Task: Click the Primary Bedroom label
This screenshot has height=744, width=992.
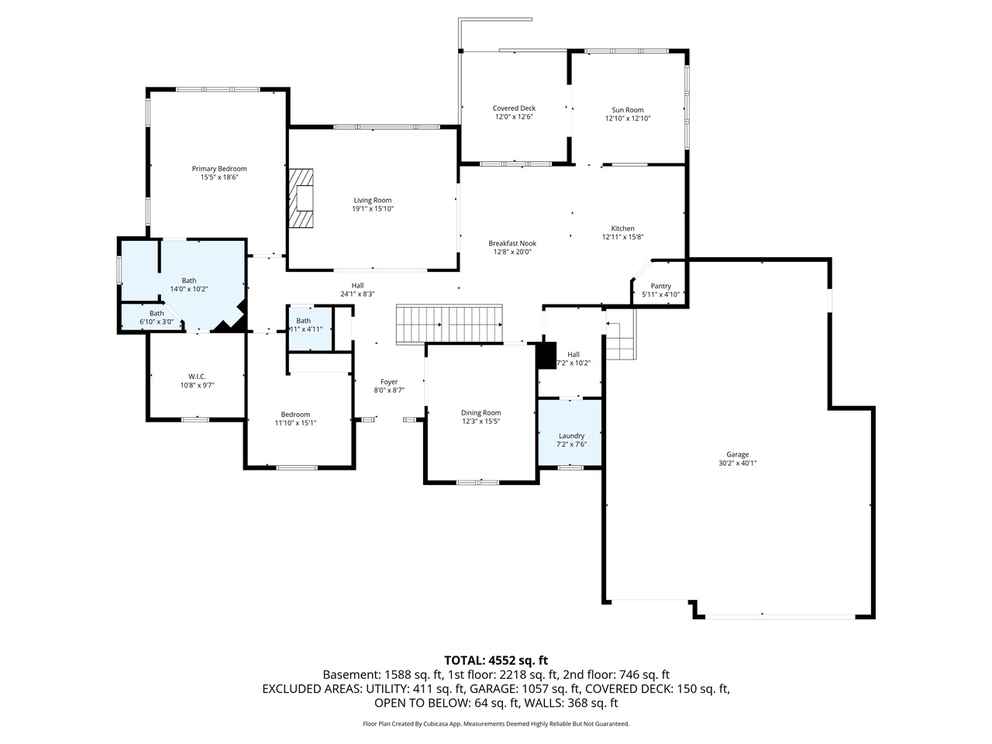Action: click(x=219, y=169)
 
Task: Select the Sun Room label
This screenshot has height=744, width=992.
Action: click(x=628, y=110)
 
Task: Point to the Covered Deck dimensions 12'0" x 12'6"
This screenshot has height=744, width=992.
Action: click(x=514, y=117)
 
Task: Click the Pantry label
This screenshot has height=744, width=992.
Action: click(x=660, y=286)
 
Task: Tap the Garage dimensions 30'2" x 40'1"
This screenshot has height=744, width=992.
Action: click(x=737, y=463)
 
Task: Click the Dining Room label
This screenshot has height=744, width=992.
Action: click(x=480, y=413)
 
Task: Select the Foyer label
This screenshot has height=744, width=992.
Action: click(x=389, y=381)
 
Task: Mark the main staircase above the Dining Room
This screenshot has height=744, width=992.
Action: click(x=449, y=322)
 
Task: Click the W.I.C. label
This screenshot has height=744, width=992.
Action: click(x=197, y=376)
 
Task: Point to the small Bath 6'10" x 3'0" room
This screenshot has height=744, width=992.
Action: click(x=151, y=317)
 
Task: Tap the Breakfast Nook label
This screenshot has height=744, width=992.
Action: click(x=512, y=243)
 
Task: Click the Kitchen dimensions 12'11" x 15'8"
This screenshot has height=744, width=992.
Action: click(x=623, y=237)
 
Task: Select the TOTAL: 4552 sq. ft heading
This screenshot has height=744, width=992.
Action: click(x=496, y=660)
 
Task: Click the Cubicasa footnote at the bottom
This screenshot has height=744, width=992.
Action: click(x=496, y=724)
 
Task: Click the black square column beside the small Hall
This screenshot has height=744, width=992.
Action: click(x=547, y=355)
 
